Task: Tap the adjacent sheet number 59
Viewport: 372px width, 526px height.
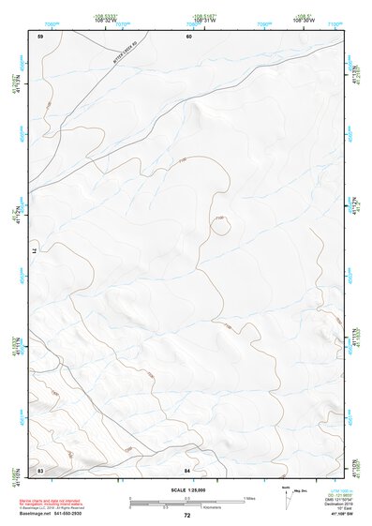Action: (x=40, y=37)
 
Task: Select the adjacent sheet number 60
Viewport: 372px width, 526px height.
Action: (x=188, y=37)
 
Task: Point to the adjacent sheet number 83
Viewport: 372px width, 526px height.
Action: (x=40, y=468)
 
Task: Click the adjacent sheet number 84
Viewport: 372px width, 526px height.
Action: (x=187, y=468)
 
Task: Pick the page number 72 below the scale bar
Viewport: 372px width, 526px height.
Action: (x=186, y=515)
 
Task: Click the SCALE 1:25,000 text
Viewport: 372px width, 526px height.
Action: (x=187, y=489)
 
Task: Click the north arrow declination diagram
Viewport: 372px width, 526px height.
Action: (x=287, y=495)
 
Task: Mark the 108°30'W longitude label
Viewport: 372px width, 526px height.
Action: (x=302, y=20)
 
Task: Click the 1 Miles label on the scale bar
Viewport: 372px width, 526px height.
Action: (x=249, y=496)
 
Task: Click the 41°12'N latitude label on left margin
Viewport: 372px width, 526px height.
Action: (x=13, y=218)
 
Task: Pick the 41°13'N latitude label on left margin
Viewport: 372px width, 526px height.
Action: (x=13, y=88)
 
